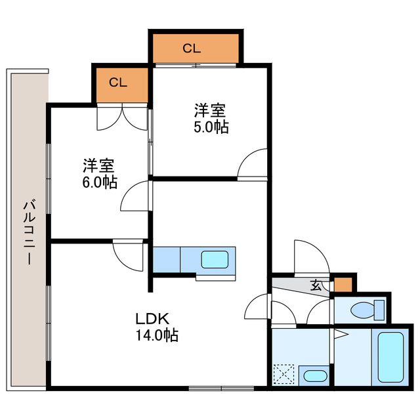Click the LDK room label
[153, 320]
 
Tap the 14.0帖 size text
[157, 335]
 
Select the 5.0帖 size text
[211, 127]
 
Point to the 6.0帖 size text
[100, 182]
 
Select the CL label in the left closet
[118, 82]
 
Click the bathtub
[391, 358]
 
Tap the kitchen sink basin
[215, 259]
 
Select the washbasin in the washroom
[315, 376]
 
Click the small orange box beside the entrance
[343, 285]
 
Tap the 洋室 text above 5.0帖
[211, 110]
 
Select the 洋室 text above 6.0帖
[100, 165]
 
